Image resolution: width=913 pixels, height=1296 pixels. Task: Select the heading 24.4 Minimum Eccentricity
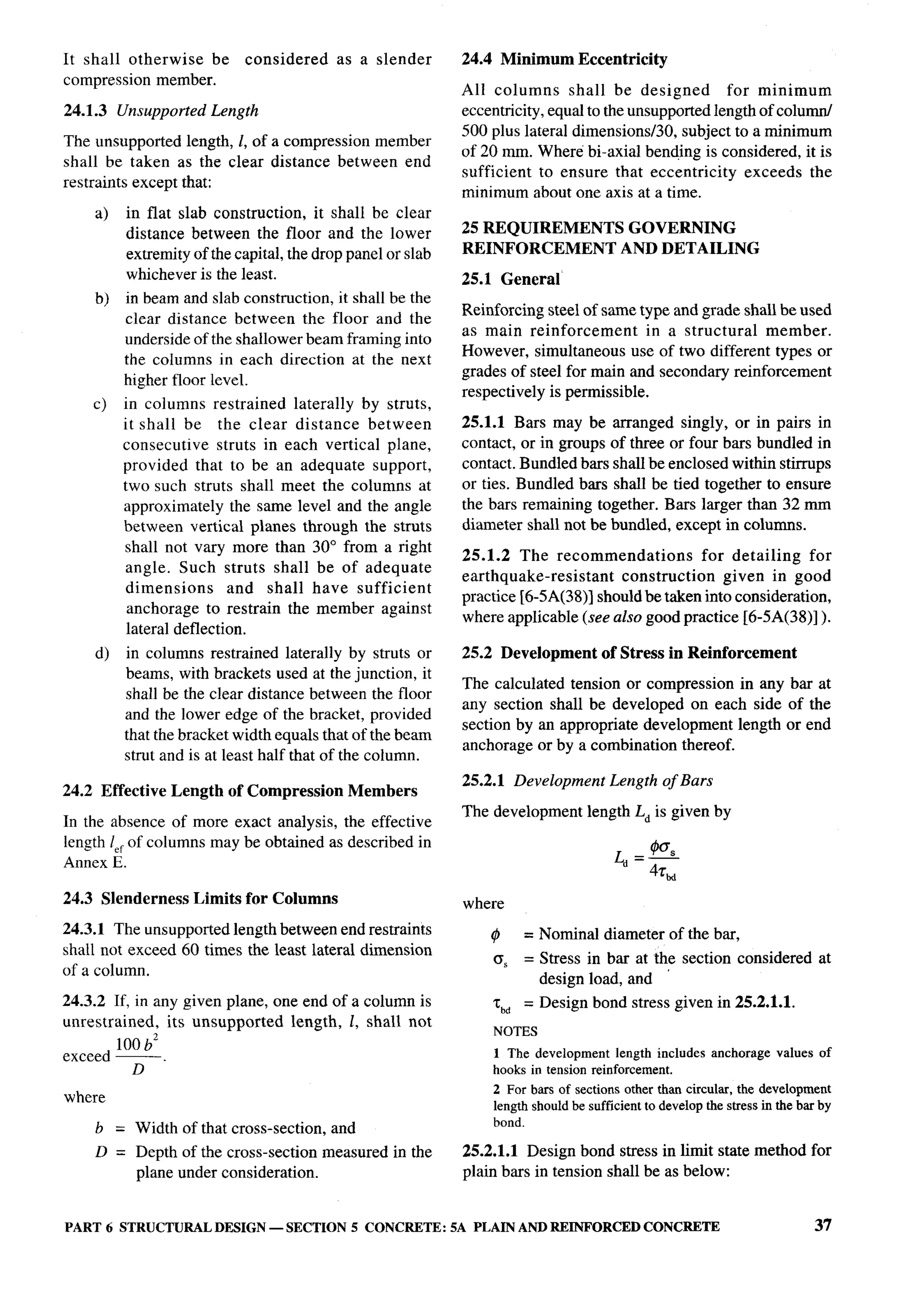coord(564,59)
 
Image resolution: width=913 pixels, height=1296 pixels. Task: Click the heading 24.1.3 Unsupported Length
coord(161,110)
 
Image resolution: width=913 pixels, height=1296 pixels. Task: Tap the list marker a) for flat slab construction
coord(102,214)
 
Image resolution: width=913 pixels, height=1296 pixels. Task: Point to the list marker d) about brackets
coord(102,653)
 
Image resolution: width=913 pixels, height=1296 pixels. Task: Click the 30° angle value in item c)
coord(325,547)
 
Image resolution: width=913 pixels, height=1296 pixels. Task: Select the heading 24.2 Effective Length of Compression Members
coord(240,791)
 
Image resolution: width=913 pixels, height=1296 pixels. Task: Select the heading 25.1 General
coord(511,280)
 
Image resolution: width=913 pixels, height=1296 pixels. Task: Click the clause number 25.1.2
coord(486,556)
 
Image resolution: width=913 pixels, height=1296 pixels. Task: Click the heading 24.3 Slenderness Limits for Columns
coord(200,899)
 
